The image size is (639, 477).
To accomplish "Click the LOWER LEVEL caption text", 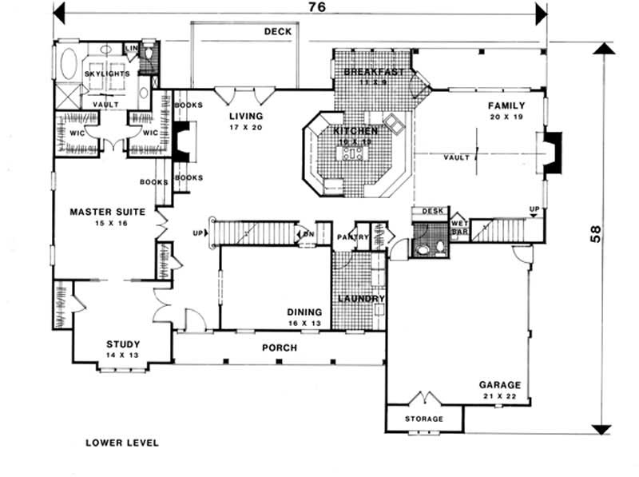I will click(x=122, y=442).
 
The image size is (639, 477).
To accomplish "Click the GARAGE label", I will click(x=500, y=384).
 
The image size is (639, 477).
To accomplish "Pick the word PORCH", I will click(x=279, y=348).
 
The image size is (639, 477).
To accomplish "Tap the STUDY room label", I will click(x=123, y=345).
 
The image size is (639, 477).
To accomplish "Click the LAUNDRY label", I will click(x=361, y=299).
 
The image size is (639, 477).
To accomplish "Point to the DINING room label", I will click(x=304, y=312).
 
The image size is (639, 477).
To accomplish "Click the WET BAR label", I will click(x=459, y=228).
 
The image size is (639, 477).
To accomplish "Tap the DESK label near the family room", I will click(x=432, y=211).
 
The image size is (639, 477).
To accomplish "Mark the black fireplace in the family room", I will click(x=554, y=151).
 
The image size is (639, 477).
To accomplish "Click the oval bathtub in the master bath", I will click(x=67, y=63).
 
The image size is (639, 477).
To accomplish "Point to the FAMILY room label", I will click(x=507, y=105).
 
